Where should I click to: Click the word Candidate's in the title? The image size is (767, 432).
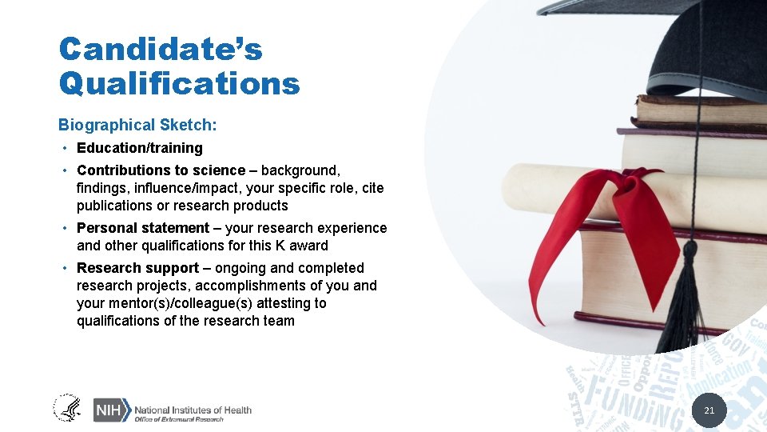(160, 50)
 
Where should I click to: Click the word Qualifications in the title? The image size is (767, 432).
(179, 83)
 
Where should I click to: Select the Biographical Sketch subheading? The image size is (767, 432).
(137, 125)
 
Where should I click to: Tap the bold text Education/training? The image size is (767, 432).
(140, 148)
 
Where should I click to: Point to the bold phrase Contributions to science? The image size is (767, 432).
(161, 170)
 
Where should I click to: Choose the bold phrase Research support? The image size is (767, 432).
(137, 268)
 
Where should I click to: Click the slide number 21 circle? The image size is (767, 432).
(708, 411)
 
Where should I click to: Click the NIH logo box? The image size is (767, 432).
(110, 410)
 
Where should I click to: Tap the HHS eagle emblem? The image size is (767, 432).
(67, 409)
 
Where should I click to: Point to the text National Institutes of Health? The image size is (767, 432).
(193, 410)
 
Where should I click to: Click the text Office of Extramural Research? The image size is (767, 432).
(179, 419)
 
